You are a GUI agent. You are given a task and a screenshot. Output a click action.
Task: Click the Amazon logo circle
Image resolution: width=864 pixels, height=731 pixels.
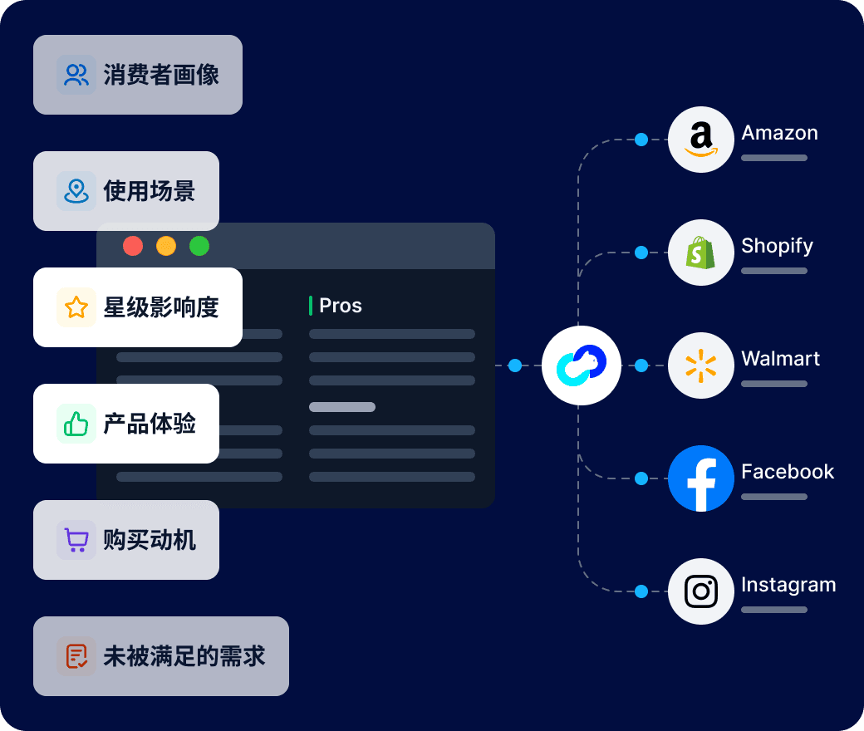[x=701, y=140]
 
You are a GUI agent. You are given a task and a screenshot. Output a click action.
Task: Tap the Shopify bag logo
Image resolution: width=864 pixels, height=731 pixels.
[x=701, y=253]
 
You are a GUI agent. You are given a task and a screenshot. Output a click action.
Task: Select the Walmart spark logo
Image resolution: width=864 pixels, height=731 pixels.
[x=701, y=365]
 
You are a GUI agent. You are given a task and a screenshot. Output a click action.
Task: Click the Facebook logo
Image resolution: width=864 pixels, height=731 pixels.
[x=701, y=478]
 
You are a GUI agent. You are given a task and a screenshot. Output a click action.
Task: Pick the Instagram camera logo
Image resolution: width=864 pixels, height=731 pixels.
[x=701, y=591]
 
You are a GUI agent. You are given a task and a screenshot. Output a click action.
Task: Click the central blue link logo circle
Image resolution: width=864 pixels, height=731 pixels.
[x=582, y=365]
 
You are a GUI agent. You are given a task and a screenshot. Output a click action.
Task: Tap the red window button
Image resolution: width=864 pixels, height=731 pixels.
[x=133, y=246]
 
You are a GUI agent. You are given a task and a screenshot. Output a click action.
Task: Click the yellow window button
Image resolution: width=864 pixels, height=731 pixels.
[x=166, y=246]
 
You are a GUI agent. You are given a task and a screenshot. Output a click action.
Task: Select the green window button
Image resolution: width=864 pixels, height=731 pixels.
[x=199, y=246]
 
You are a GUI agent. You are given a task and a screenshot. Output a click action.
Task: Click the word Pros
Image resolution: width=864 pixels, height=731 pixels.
[x=341, y=306]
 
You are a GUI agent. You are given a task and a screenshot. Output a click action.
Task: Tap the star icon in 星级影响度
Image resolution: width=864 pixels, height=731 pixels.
[x=76, y=307]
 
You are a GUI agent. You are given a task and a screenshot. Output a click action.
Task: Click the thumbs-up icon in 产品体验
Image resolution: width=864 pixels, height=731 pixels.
[x=76, y=424]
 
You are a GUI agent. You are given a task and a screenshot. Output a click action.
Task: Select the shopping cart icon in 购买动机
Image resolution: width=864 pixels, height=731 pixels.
[x=76, y=540]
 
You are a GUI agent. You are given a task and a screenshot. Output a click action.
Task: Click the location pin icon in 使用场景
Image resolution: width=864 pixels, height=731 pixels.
[x=76, y=191]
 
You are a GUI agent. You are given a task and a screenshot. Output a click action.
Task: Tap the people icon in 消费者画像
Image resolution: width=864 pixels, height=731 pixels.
[x=76, y=75]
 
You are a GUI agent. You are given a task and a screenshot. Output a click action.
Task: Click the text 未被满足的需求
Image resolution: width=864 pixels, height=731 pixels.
[x=184, y=656]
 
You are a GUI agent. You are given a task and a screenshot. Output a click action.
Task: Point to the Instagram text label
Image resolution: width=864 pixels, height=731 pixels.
[x=788, y=585]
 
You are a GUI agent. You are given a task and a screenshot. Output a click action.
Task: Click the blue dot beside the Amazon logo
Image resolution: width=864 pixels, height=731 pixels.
[x=641, y=140]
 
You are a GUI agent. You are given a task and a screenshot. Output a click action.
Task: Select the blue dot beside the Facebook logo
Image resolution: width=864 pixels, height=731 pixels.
[x=641, y=478]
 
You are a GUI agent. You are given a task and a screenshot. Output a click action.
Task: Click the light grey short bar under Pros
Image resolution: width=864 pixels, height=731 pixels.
[x=342, y=407]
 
